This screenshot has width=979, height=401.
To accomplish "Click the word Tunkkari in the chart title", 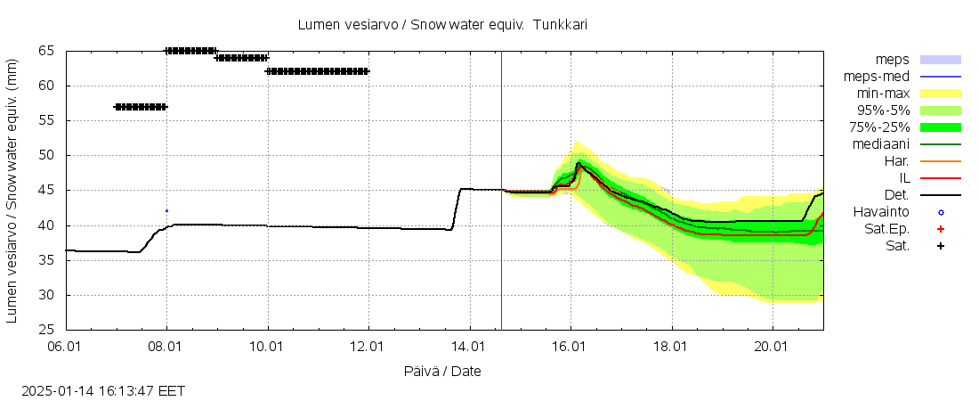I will pyautogui.click(x=560, y=25).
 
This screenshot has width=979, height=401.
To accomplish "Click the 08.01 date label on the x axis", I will pyautogui.click(x=166, y=346).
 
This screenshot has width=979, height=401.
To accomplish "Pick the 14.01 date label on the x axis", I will pyautogui.click(x=469, y=346).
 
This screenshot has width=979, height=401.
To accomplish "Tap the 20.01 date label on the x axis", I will pyautogui.click(x=773, y=346).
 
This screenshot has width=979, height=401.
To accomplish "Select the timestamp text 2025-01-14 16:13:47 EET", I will pyautogui.click(x=104, y=390).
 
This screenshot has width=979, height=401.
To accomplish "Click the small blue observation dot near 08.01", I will pyautogui.click(x=166, y=210).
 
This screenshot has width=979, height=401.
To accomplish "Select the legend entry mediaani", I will pyautogui.click(x=880, y=143).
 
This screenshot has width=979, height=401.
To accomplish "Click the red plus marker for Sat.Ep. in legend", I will pyautogui.click(x=940, y=228).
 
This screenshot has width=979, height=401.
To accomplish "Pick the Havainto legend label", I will pyautogui.click(x=881, y=211).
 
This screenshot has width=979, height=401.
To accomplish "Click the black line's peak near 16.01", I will pyautogui.click(x=578, y=164).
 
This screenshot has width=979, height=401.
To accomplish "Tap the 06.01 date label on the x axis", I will pyautogui.click(x=66, y=346).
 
